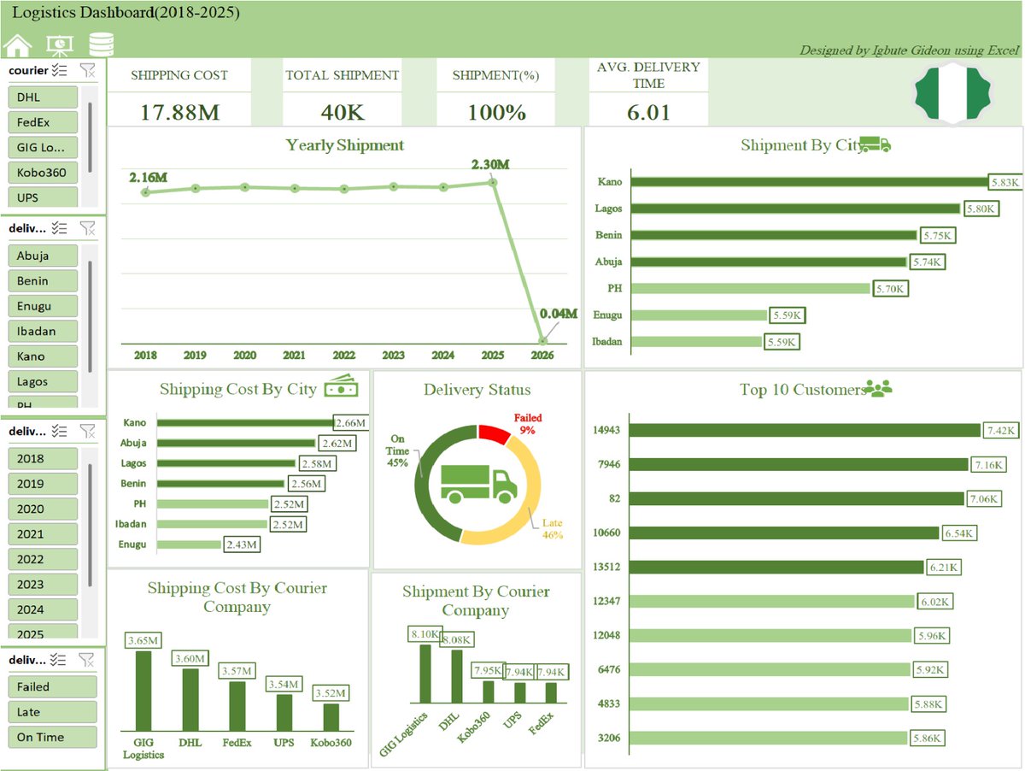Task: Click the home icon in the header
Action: click(x=18, y=45)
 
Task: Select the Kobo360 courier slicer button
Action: click(x=42, y=173)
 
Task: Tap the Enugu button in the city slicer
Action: click(x=42, y=306)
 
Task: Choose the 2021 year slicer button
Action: click(x=42, y=534)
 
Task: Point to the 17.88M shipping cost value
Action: click(x=179, y=112)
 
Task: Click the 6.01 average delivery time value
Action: click(x=648, y=112)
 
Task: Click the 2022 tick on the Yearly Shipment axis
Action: click(x=344, y=355)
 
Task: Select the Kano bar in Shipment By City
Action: click(x=810, y=181)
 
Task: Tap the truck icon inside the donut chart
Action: click(x=478, y=483)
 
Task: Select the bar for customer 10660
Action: click(x=785, y=533)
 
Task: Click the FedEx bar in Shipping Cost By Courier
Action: click(x=237, y=704)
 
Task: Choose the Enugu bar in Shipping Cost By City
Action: click(x=189, y=544)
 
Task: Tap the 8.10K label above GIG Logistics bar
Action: click(x=425, y=634)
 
